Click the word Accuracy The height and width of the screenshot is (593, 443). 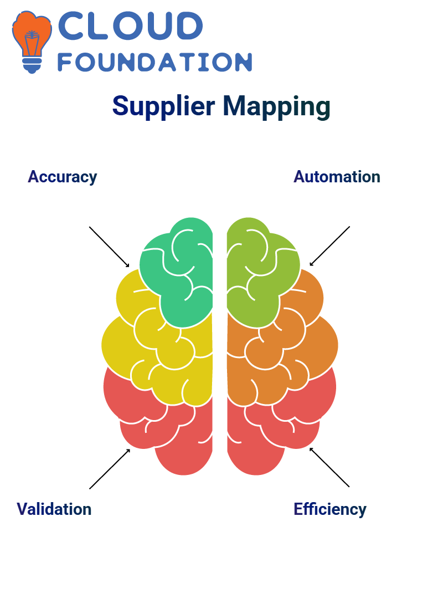click(63, 177)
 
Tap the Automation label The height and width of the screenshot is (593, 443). click(337, 177)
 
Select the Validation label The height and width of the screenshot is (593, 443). click(54, 509)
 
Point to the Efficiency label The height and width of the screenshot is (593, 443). click(330, 509)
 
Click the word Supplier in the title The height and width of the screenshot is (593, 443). click(164, 106)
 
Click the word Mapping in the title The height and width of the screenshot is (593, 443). click(277, 106)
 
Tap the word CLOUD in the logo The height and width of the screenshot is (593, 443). click(130, 25)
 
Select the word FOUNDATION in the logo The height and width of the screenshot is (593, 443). click(154, 62)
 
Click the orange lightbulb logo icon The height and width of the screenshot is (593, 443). click(32, 42)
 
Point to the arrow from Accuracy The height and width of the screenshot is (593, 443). click(109, 247)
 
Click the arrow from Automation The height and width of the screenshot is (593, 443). click(329, 246)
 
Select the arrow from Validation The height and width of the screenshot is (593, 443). click(110, 469)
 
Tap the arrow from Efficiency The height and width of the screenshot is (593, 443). click(329, 467)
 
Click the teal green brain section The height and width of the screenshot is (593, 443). click(182, 276)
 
